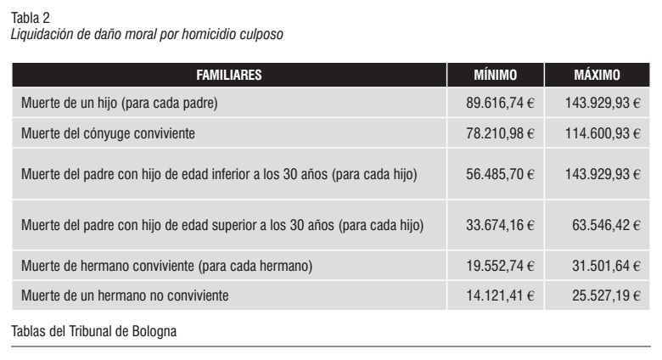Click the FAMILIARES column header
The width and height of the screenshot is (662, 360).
(228, 75)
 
